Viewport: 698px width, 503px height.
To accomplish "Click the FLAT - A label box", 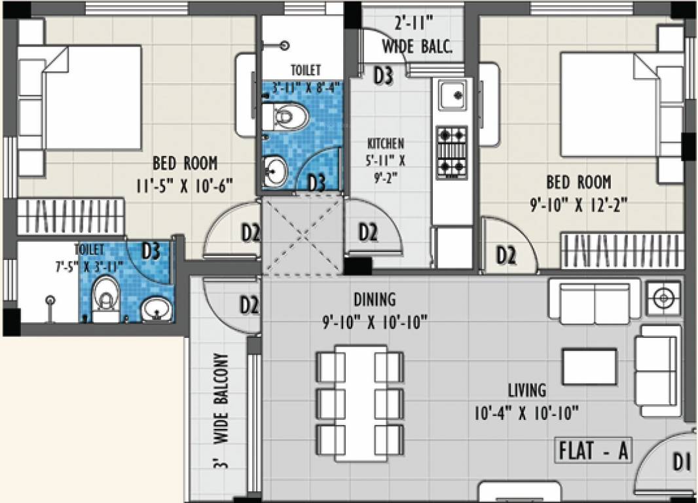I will (594, 451).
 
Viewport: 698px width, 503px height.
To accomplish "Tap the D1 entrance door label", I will (682, 462).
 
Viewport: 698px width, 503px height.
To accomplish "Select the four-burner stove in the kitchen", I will (452, 152).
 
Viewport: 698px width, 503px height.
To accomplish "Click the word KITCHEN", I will (385, 143).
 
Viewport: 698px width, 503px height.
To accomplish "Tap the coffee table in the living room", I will (589, 367).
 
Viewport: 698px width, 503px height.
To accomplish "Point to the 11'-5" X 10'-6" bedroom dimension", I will (185, 185).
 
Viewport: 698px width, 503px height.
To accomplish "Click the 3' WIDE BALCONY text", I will (220, 411).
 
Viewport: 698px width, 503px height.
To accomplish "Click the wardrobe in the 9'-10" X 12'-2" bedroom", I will (622, 250).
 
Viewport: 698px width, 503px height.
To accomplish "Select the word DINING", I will (375, 299).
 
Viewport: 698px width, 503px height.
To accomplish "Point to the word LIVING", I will (527, 390).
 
